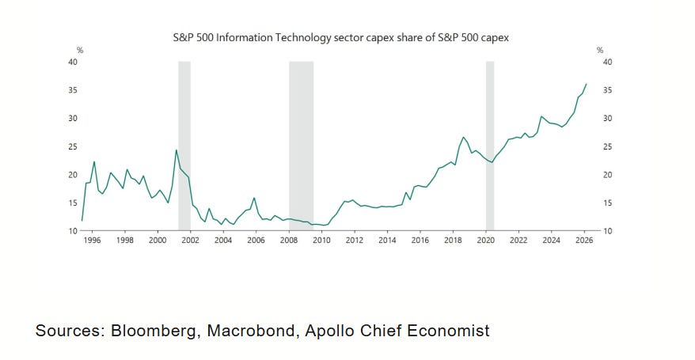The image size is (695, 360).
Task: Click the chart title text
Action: point(340,38)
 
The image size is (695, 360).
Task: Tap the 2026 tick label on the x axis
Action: point(584,240)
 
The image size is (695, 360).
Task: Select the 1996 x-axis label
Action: point(92,240)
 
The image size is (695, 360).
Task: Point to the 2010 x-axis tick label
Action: point(322,240)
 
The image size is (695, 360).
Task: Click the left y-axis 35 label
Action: point(73,90)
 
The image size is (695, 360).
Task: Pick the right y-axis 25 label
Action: point(607,146)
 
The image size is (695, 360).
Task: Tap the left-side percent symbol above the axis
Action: point(80,51)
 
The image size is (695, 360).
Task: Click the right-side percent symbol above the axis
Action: point(600,51)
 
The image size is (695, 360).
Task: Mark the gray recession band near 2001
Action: point(184,146)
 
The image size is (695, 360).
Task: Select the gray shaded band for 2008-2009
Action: point(302,146)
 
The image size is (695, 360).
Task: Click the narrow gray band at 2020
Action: point(490,146)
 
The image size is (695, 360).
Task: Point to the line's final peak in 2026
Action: point(587,84)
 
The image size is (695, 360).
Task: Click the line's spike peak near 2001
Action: point(176,150)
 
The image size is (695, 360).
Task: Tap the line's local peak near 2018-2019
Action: point(463,137)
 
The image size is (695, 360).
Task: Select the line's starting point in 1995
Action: point(82,220)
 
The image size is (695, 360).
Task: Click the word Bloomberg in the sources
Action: point(154,331)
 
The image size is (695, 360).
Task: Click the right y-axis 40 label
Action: point(607,62)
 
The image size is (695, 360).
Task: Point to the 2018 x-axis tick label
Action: point(453,240)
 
